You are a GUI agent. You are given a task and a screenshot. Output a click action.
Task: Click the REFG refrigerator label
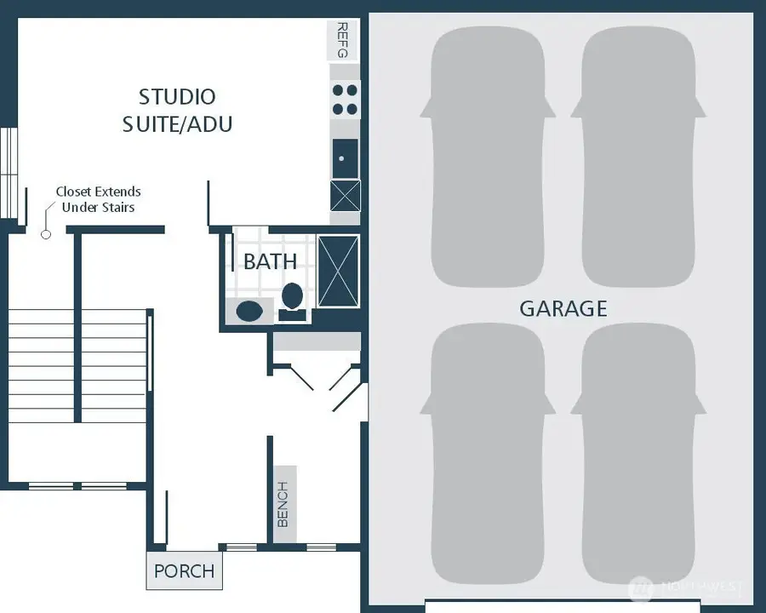[x=343, y=40]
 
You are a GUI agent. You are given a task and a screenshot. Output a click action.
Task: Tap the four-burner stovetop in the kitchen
[x=345, y=99]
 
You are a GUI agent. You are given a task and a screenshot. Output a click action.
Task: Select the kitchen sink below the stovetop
[x=344, y=158]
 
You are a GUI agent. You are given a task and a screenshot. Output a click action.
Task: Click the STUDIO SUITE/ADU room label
[x=177, y=110]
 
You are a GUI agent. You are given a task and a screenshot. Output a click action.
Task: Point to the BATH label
[x=270, y=261]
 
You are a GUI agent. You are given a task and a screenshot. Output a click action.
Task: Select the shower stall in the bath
[x=338, y=272]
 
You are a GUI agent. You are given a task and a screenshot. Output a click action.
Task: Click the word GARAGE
[x=563, y=308]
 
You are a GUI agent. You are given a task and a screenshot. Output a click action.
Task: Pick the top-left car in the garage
[x=488, y=158]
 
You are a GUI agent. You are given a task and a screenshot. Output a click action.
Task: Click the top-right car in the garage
[x=638, y=158]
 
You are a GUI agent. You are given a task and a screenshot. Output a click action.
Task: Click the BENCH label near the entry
[x=284, y=505]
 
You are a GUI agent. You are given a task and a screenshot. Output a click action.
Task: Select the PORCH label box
[x=184, y=570]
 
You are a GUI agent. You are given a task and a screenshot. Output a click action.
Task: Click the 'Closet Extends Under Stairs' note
[x=99, y=199]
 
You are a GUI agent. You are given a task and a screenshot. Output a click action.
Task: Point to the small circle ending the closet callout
[x=47, y=233]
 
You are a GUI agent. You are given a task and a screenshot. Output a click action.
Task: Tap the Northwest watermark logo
[x=685, y=587]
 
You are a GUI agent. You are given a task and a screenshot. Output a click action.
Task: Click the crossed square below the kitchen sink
[x=345, y=197]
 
